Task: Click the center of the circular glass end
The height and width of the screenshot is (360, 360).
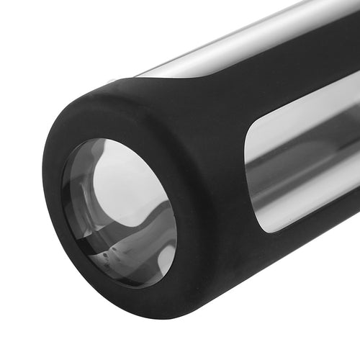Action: pos(119,212)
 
